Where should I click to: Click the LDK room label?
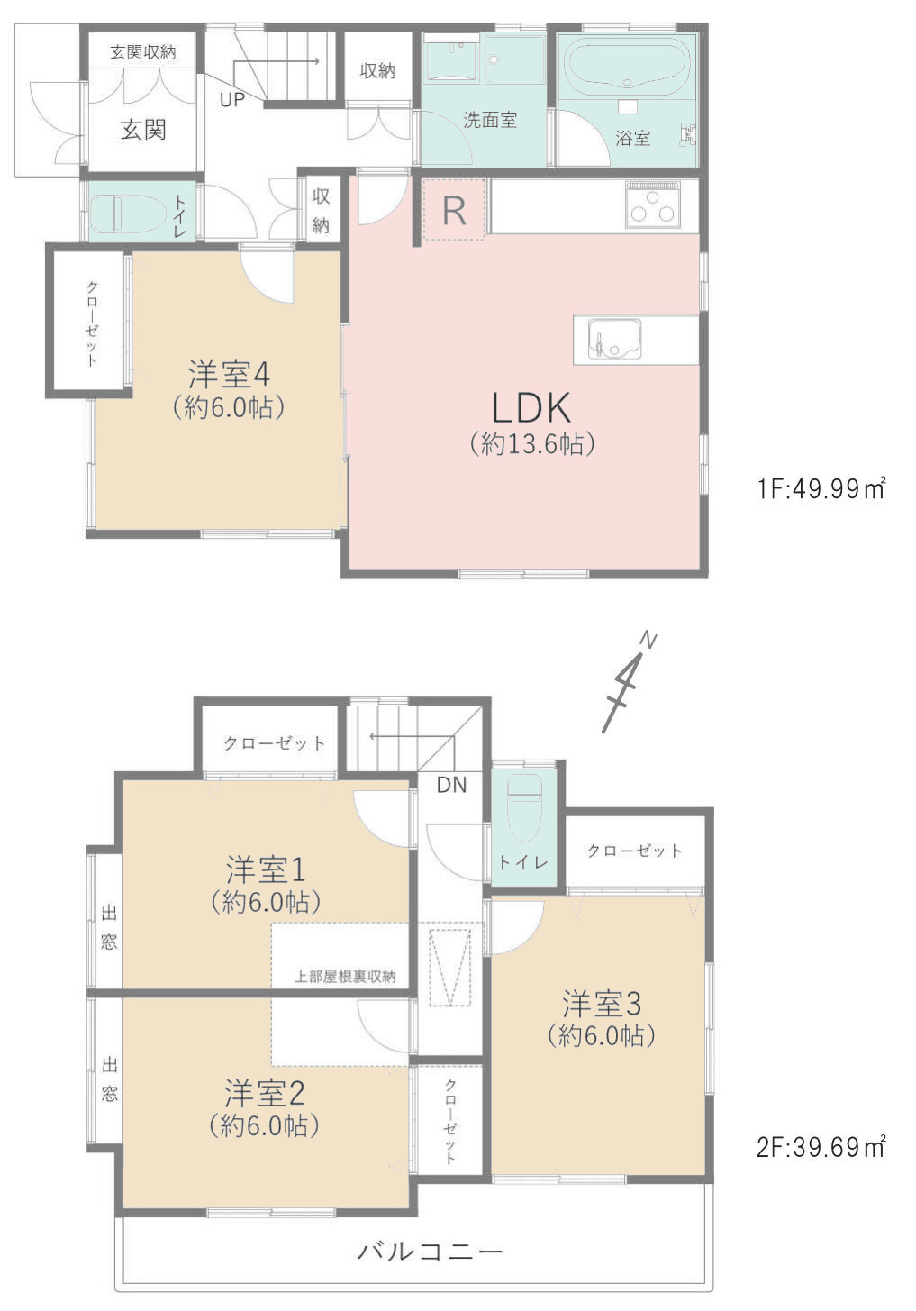click(531, 408)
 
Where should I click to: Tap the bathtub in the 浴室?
click(627, 67)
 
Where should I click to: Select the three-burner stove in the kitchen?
click(653, 205)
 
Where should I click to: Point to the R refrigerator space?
click(455, 210)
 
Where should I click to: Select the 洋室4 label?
click(230, 374)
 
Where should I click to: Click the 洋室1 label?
click(266, 870)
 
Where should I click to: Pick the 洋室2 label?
click(265, 1093)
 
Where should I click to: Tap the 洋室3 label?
click(602, 1003)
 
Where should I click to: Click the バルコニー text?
click(430, 1252)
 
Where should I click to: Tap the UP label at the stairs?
click(231, 99)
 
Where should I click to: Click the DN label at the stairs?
click(451, 785)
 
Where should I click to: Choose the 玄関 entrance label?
click(143, 130)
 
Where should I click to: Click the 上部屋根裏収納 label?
click(345, 976)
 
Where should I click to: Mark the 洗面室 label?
click(490, 120)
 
